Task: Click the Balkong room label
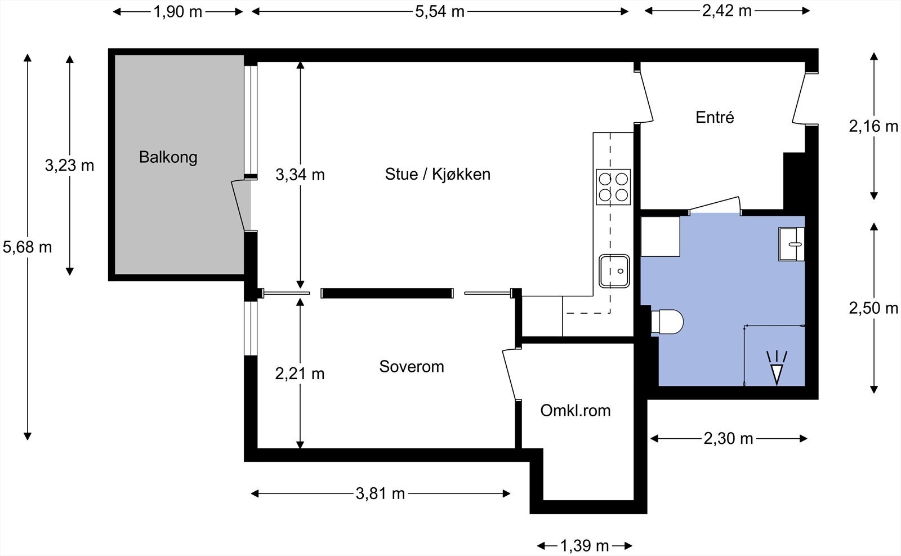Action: (168, 157)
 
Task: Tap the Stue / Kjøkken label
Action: (438, 174)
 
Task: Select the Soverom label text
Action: (412, 367)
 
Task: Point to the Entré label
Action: (715, 117)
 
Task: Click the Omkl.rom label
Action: (575, 410)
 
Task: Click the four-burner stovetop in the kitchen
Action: (613, 187)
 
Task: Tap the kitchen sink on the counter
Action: (614, 271)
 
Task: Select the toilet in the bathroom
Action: (667, 322)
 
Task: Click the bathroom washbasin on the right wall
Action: (791, 244)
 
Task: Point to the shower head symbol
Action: (777, 368)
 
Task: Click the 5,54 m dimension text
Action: (440, 12)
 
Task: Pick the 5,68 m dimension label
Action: (28, 247)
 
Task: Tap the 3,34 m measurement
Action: (300, 175)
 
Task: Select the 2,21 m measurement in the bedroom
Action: (300, 373)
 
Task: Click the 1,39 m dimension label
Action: (585, 546)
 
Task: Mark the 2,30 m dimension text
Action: (729, 438)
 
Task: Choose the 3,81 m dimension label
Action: (380, 493)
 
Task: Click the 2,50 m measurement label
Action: (873, 308)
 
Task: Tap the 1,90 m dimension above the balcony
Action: (178, 12)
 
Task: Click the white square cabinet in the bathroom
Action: (660, 237)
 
